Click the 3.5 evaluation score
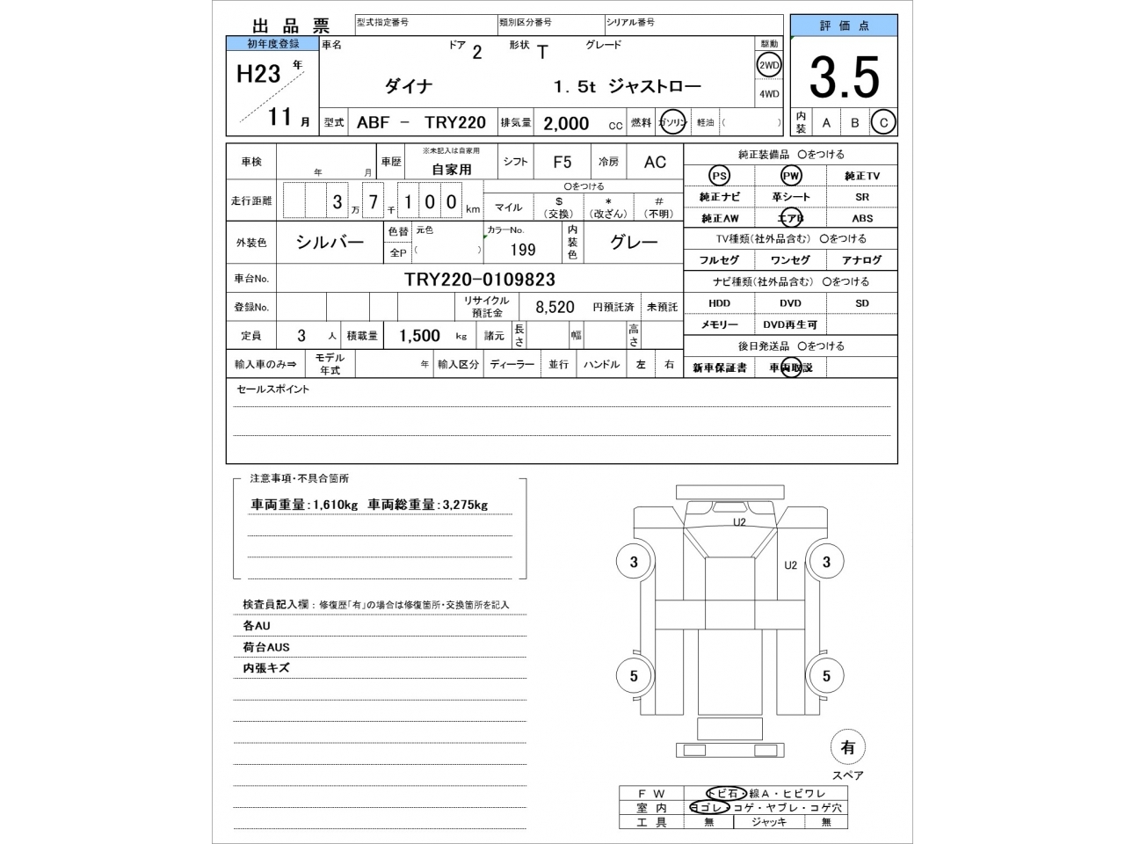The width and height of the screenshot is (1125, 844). coord(844,77)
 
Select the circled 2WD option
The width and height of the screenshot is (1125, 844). coord(769,65)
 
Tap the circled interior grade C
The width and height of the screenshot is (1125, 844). coord(883,123)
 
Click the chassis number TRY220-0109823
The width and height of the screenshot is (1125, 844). coord(479,280)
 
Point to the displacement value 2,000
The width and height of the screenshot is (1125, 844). coord(566,123)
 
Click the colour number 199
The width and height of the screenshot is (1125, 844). coord(522,250)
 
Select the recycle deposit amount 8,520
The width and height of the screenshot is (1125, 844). coord(555,307)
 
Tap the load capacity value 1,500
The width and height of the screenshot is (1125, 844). coord(419,336)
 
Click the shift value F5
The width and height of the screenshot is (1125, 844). coord(562,162)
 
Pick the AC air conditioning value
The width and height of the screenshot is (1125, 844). coord(655,162)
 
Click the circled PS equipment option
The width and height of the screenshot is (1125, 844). coord(719,176)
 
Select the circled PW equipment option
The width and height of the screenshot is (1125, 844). coord(791,176)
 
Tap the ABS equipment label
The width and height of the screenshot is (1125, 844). coord(861,218)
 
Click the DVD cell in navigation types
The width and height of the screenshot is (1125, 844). coord(790,303)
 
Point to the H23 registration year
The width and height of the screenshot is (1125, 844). coord(258,74)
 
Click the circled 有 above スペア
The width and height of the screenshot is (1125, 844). coord(847,747)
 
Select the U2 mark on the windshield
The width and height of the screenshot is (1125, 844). coord(739,522)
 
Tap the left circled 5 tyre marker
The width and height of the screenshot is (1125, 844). coord(634,676)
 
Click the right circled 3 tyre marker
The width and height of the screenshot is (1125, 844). coord(826,562)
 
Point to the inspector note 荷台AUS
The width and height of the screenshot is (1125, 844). coord(266,647)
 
